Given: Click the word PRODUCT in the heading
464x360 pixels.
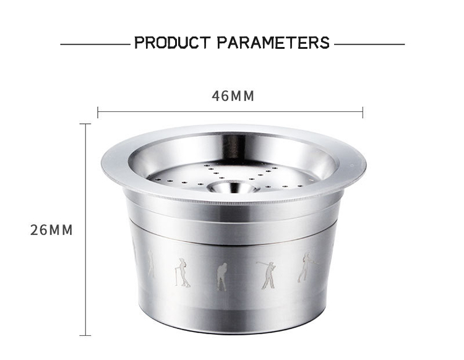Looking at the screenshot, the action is click(x=173, y=43).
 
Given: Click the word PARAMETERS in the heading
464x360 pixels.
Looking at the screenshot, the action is click(x=273, y=43).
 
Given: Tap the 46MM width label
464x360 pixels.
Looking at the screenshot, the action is click(x=233, y=96).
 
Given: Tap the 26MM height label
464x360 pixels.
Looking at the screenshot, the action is click(x=51, y=230).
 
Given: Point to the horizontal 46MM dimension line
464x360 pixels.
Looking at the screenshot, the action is click(x=230, y=112).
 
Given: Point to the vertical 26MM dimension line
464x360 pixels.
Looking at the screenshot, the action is click(x=85, y=229).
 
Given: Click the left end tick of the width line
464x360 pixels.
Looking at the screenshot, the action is click(x=98, y=112).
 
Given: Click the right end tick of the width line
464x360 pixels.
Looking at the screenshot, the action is click(x=363, y=112).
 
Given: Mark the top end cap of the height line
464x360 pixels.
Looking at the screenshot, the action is click(x=85, y=124).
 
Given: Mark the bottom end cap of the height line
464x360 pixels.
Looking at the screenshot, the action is click(x=85, y=335).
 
